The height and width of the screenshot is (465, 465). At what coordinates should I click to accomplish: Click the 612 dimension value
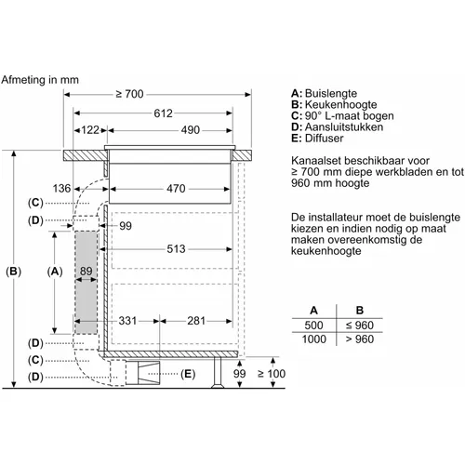point(163,113)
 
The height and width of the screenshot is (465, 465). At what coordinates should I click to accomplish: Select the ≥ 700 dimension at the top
point(129,94)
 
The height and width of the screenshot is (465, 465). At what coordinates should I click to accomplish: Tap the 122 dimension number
point(90,130)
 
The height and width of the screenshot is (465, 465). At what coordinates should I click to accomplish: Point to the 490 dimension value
point(191,130)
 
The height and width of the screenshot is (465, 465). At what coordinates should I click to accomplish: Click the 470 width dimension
point(176,189)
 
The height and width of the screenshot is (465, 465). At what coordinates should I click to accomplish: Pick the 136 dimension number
point(61,188)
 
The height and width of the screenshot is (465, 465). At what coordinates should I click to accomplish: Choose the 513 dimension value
point(176,248)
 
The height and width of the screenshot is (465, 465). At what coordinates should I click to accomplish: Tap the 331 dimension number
point(127,321)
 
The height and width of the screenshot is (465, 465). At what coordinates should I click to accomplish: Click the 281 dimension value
point(196,321)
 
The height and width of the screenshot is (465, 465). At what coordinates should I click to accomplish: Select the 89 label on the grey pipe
point(86,271)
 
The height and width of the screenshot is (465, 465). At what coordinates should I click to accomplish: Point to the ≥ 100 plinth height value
point(272,374)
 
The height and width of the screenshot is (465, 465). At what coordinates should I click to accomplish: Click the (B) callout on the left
point(13,272)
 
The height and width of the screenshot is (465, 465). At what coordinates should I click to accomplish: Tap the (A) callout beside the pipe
point(55,272)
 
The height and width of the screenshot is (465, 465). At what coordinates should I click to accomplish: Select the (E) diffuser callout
point(188,374)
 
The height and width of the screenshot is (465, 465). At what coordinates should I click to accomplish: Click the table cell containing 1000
point(314,339)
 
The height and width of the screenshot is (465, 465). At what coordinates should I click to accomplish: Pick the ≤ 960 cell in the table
point(360,325)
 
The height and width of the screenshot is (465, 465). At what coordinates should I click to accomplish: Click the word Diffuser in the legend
point(324,138)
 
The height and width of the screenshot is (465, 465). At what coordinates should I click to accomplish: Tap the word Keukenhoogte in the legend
point(340,104)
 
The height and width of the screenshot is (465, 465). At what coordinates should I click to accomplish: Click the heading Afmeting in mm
point(40,80)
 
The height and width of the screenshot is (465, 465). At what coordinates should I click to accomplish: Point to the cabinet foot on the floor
point(219,372)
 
